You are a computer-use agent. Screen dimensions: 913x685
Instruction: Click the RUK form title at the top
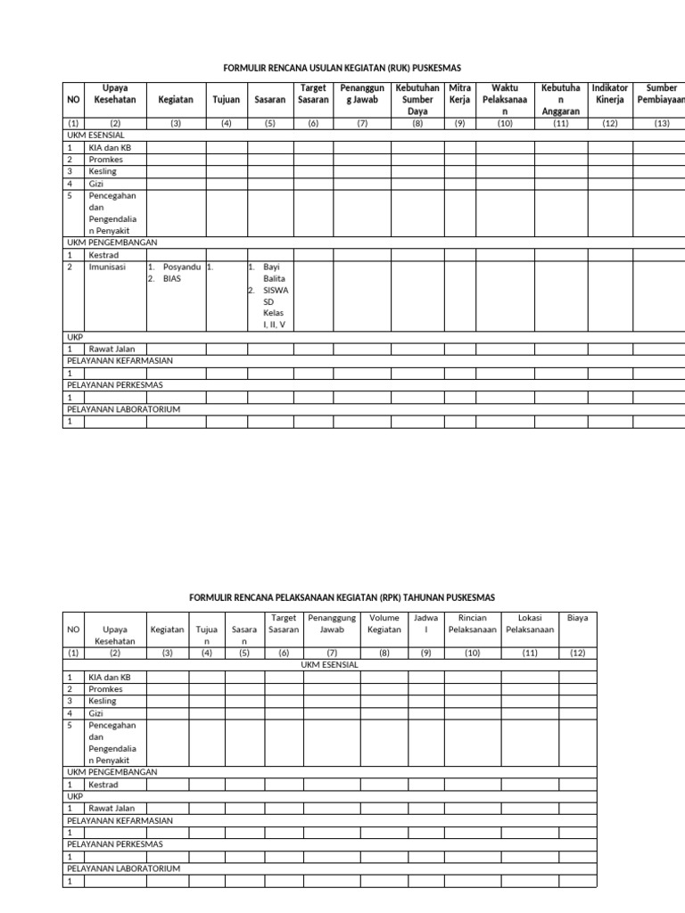point(342,68)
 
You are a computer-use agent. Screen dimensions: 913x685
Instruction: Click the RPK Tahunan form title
point(342,596)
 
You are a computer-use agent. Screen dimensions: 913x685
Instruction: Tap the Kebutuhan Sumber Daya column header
point(417,99)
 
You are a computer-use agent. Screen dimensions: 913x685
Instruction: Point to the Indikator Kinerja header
point(610,94)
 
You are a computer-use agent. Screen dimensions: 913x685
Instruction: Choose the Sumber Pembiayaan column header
point(661,94)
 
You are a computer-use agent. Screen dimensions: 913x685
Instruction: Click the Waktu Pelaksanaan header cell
point(505,99)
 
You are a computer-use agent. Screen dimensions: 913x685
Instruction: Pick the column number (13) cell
point(661,124)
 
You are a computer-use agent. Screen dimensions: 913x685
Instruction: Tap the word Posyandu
point(182,267)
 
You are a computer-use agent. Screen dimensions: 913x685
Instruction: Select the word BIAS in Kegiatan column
point(172,278)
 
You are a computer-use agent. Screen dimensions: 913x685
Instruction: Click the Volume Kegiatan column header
point(384,623)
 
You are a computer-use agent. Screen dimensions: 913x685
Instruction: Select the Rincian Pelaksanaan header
point(472,623)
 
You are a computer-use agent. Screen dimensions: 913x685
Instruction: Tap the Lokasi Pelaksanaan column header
point(530,623)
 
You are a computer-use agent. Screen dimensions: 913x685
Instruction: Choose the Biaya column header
point(578,617)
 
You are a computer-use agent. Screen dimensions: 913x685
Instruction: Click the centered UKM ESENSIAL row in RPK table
point(329,664)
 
